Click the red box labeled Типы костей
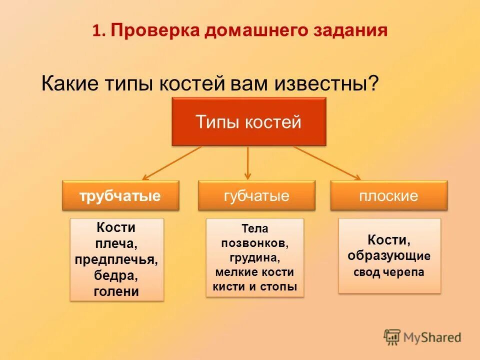tap(248, 121)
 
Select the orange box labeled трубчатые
tap(120, 195)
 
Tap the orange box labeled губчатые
tap(256, 195)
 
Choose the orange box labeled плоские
tap(388, 195)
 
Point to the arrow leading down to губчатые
tap(247, 162)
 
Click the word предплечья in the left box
tap(116, 259)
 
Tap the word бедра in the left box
tap(116, 275)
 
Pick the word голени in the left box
tap(116, 291)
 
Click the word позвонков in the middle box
tap(254, 243)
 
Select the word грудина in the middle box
tap(253, 258)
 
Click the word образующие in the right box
tap(389, 256)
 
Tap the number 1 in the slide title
tap(96, 31)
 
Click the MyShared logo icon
tap(392, 337)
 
